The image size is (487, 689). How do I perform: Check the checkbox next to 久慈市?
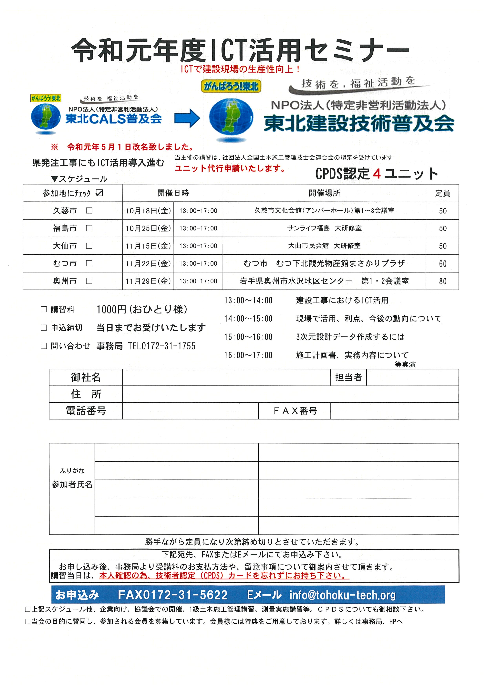89,211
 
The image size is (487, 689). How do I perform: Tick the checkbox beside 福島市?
89,228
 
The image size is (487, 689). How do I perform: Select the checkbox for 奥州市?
89,281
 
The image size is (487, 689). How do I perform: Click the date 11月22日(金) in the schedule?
148,263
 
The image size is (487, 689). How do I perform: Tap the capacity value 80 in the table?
443,281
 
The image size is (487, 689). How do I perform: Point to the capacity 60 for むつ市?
443,263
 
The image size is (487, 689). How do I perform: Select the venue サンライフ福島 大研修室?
324,228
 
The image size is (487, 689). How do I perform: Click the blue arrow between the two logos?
187,118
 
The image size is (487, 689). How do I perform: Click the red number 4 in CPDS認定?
377,174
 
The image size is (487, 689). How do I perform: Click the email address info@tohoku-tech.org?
342,595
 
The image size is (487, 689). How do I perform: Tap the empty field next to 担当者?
412,377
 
